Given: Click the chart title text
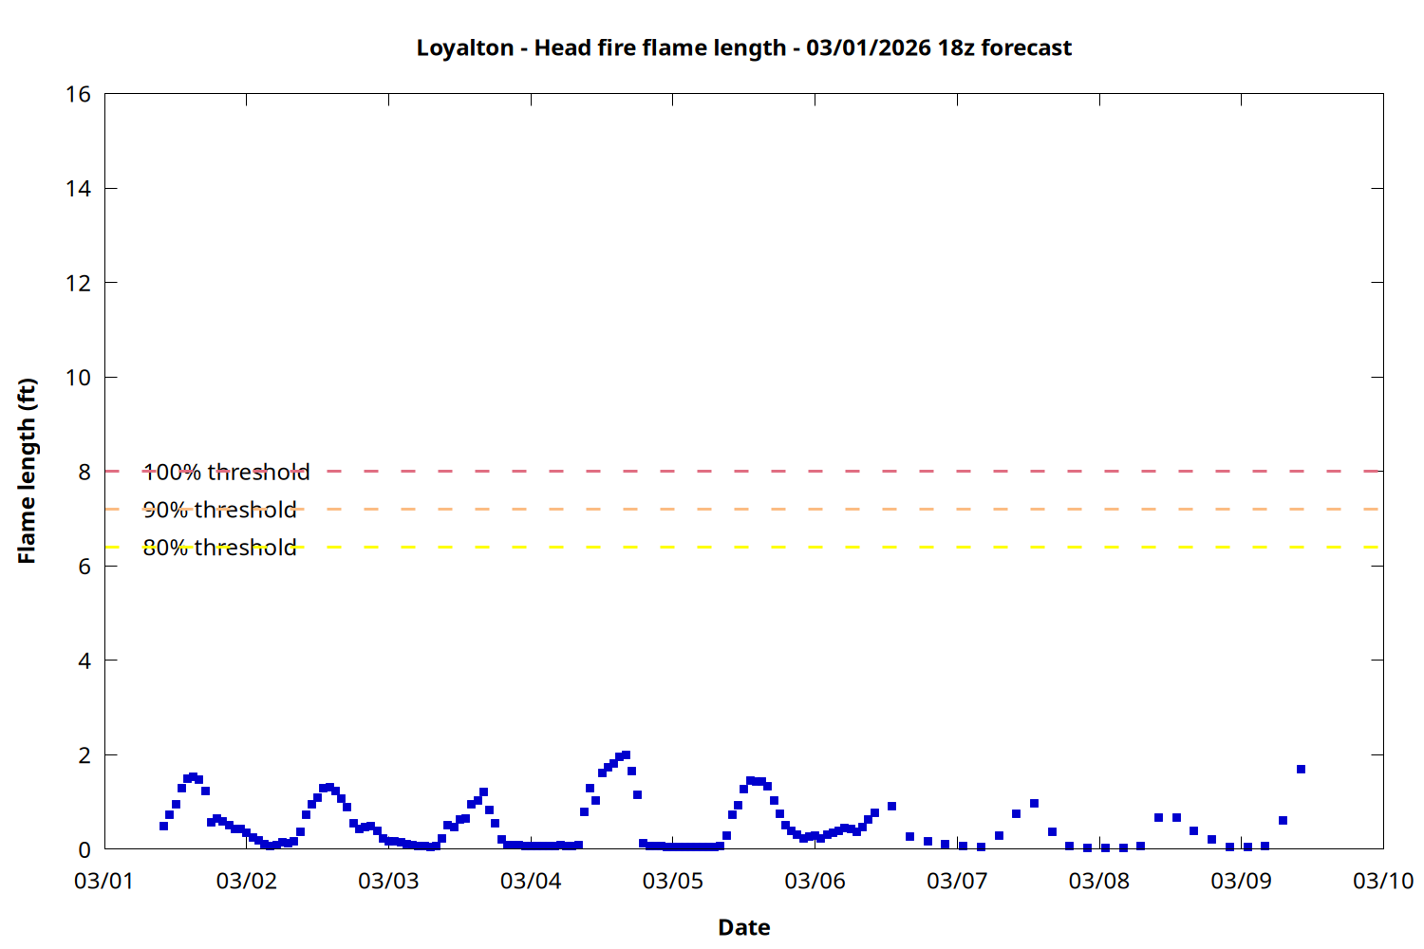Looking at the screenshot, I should click(743, 48).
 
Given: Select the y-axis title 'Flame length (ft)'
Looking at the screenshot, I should click(27, 471).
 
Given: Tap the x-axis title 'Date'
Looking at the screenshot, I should click(743, 927).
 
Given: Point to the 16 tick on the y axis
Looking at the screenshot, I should click(79, 94).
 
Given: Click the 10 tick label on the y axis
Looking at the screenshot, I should click(79, 378).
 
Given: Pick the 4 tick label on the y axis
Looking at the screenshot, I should click(84, 661).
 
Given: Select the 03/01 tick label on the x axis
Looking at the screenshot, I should click(103, 881).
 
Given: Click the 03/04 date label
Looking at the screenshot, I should click(530, 881).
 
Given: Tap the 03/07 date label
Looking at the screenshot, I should click(956, 881).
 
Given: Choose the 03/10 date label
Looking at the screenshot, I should click(1382, 881).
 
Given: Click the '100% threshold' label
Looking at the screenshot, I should click(226, 472).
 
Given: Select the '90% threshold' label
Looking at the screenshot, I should click(219, 510).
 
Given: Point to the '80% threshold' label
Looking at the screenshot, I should click(219, 548).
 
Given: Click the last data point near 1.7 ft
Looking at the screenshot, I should click(1301, 769).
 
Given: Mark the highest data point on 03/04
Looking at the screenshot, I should click(626, 755).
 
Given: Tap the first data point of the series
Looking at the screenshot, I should click(163, 826).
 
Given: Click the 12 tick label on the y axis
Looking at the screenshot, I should click(79, 283).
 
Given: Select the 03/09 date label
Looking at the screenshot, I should click(1240, 881).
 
